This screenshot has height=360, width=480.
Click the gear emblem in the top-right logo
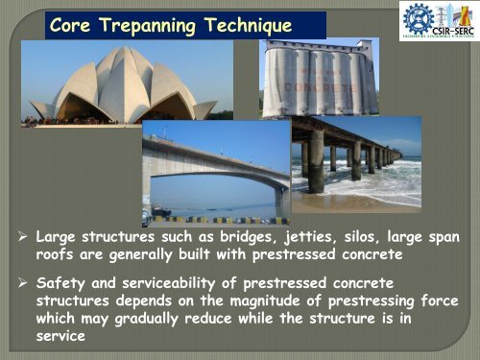[x=419, y=20]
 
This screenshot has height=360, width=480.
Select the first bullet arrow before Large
[x=23, y=235]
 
